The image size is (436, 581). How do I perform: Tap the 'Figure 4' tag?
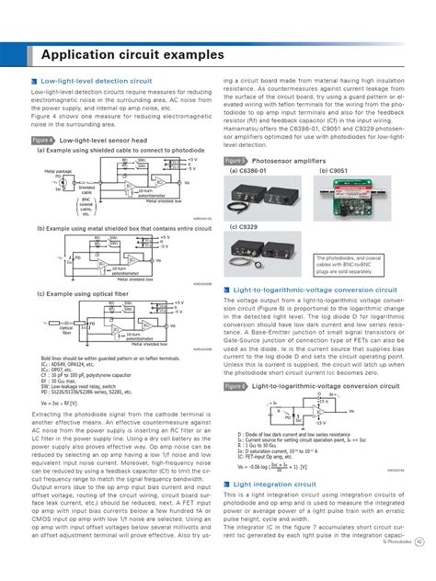pyautogui.click(x=42, y=141)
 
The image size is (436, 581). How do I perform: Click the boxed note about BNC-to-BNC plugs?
pyautogui.click(x=352, y=264)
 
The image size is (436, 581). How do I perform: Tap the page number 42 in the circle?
pyautogui.click(x=419, y=567)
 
